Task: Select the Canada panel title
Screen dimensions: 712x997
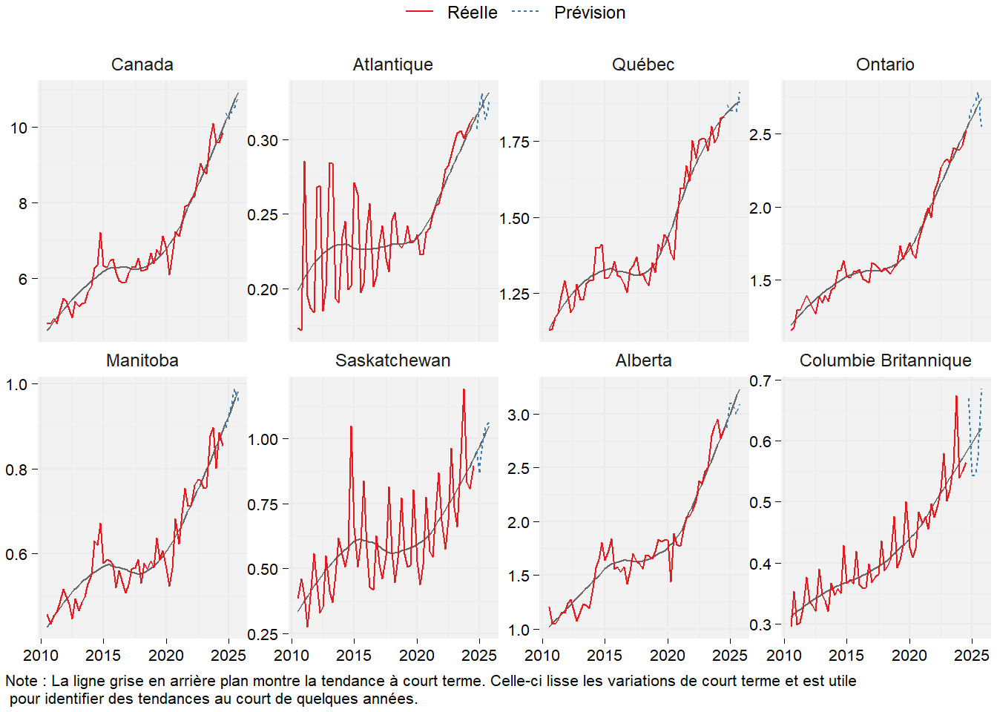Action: coord(142,65)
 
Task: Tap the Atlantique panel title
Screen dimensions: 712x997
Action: coord(392,65)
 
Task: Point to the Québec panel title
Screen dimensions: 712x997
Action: coord(643,65)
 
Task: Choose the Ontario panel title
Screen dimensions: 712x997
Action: coord(885,65)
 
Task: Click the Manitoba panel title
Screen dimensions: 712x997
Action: coord(142,360)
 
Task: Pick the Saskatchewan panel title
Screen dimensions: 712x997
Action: coord(392,360)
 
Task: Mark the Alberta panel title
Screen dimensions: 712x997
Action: coord(643,360)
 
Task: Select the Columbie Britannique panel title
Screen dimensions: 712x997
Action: coord(885,360)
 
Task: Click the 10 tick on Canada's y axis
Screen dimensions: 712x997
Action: coord(19,128)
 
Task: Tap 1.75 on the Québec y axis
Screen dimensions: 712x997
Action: coord(514,142)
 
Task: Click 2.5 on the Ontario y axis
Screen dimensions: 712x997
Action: coord(760,134)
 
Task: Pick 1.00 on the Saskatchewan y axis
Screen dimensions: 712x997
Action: coord(263,439)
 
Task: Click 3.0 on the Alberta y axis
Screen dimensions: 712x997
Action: coord(519,415)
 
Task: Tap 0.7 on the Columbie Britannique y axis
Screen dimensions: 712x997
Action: coord(760,380)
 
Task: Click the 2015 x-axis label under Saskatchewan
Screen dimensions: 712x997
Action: coord(354,656)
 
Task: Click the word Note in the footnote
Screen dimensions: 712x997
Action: coord(22,681)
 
